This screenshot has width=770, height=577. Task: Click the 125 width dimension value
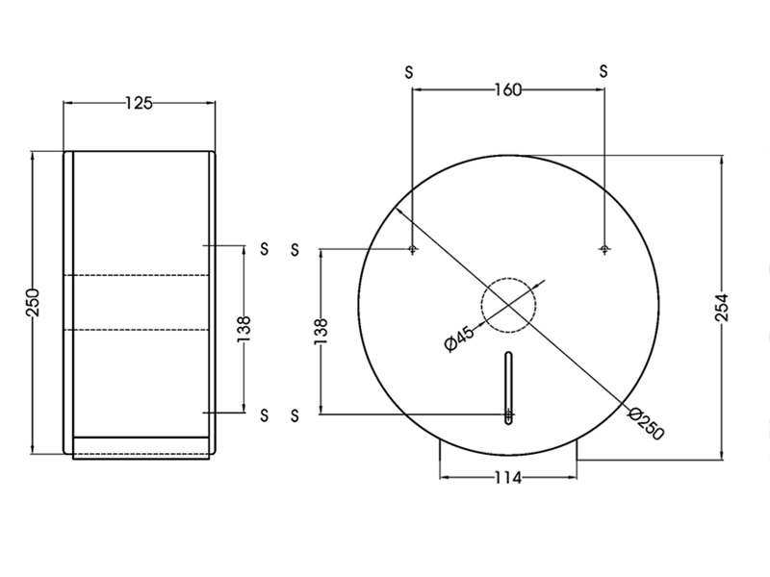tap(140, 103)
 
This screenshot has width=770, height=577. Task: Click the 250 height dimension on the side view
tap(31, 302)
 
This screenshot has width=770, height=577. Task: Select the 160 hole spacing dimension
tap(507, 90)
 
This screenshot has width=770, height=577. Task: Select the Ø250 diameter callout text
tap(645, 423)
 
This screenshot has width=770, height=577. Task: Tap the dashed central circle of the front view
tap(509, 306)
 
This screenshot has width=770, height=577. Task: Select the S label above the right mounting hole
tap(603, 71)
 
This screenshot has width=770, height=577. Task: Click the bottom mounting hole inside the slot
tap(509, 416)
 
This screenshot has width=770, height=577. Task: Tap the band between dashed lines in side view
tap(141, 302)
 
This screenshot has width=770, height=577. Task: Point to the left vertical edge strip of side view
tap(68, 302)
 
